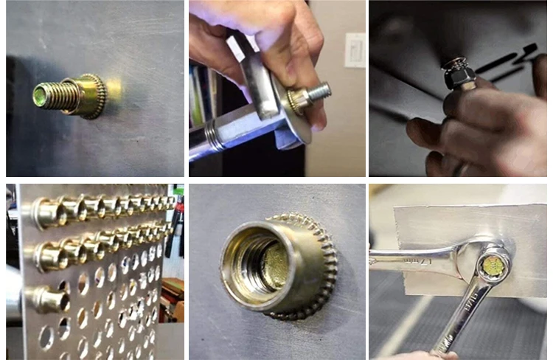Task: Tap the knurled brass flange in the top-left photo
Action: click(92, 96)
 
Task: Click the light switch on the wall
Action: click(355, 49)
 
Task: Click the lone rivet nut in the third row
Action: click(46, 298)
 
